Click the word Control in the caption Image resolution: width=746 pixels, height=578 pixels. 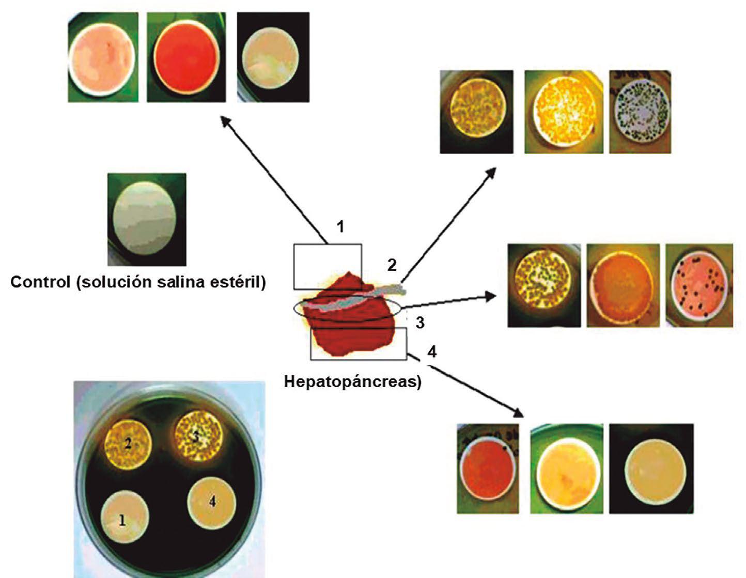coord(40,282)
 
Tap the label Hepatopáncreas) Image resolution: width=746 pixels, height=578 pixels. coord(353,382)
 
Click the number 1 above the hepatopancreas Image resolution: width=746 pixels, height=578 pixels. coord(340,226)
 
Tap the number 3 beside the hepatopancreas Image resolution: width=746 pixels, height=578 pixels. coord(420,323)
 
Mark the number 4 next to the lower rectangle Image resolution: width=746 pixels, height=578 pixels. coord(432,352)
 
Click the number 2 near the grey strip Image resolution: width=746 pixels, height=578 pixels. coord(392,265)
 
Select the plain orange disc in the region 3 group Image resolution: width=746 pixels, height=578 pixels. coord(623,286)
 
